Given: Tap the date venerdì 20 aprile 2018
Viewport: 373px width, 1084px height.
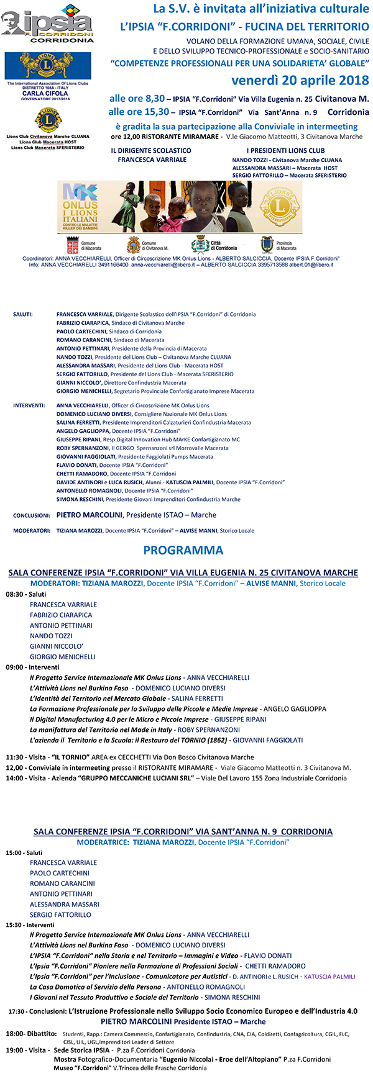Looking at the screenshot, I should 300,81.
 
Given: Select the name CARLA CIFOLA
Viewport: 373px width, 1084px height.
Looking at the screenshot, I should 45,94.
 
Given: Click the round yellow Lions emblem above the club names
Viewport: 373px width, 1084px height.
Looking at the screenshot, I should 47,120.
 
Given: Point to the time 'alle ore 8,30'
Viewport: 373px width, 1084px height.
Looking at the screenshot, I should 137,99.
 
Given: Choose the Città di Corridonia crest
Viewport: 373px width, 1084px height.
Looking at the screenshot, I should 200,243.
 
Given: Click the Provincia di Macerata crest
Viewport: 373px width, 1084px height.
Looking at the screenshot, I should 267,244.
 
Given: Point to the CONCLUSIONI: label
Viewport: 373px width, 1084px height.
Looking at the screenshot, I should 31,515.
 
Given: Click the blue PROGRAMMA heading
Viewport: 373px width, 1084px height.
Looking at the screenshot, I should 183,550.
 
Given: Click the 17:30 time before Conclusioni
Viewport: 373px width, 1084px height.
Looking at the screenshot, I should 17,1011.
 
